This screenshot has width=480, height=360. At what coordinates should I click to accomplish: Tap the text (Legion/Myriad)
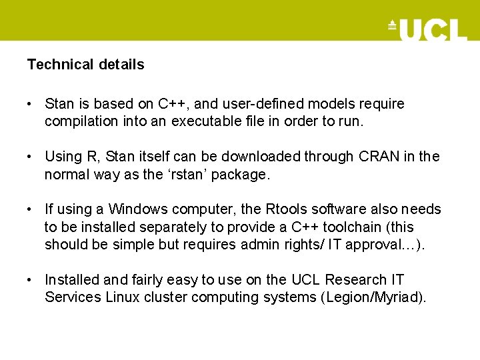(x=374, y=297)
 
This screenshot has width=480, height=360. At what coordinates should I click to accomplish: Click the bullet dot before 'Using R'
(x=30, y=157)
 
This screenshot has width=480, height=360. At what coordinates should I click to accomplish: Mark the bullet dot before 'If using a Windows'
(x=30, y=209)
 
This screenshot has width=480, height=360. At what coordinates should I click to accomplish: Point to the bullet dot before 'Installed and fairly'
(x=30, y=279)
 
